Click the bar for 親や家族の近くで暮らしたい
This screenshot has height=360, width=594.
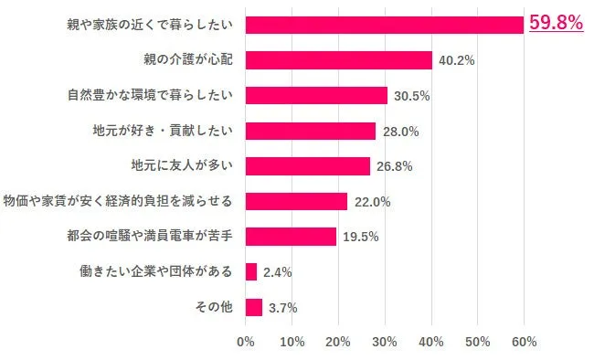click(384, 25)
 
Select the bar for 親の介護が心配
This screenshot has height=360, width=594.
click(338, 60)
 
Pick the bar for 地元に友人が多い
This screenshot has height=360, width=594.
click(308, 166)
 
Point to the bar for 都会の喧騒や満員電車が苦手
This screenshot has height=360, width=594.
click(291, 237)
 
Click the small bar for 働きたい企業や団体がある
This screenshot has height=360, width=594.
click(251, 272)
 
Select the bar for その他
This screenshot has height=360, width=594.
click(254, 307)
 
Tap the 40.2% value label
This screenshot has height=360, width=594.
click(456, 61)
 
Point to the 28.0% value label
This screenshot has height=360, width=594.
click(399, 132)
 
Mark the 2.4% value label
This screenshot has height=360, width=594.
click(278, 272)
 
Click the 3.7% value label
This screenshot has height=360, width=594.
click(283, 308)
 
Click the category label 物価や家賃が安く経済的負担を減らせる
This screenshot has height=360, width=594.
click(118, 201)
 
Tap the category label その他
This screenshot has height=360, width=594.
click(215, 307)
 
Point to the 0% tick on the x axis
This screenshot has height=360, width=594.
click(245, 342)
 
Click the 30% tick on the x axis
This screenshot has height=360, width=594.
click(385, 342)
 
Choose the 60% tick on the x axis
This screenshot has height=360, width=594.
click(524, 342)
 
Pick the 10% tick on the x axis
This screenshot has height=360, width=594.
click(292, 342)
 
